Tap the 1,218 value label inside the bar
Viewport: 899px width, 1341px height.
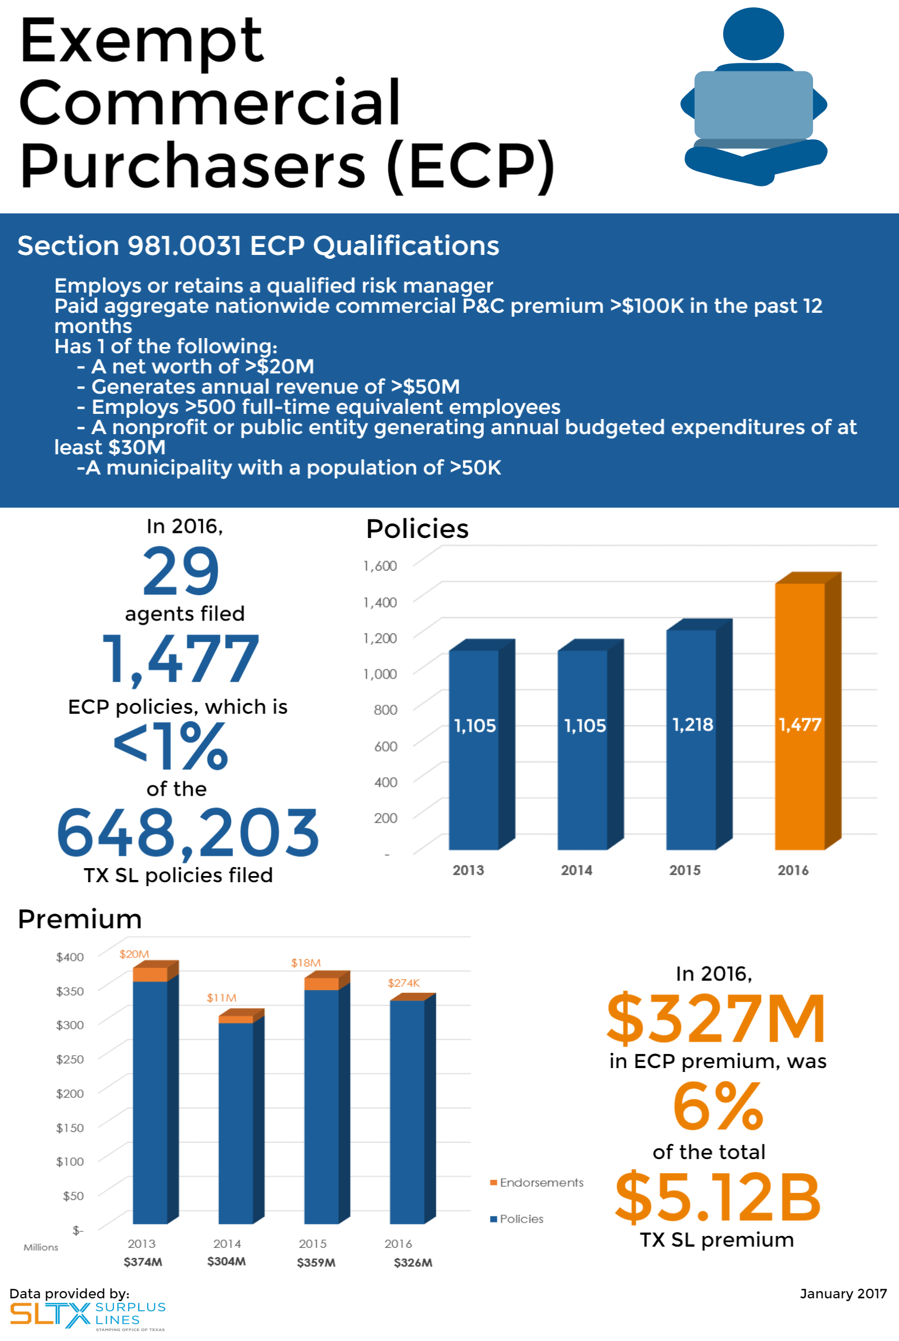point(693,724)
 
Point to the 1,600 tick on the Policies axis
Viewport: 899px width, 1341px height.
point(380,566)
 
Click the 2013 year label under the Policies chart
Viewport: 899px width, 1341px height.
point(469,870)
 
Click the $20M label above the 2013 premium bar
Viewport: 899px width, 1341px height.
point(134,954)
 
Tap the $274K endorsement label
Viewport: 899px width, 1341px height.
point(403,983)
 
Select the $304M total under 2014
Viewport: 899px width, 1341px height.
point(226,1261)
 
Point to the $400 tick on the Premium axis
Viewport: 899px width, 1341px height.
point(70,956)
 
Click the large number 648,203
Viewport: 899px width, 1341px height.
point(188,832)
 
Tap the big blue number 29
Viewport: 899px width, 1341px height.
point(180,571)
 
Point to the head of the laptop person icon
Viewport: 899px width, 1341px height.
point(753,33)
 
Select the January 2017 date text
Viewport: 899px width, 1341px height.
point(843,1293)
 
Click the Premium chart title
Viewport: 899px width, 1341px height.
point(80,919)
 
